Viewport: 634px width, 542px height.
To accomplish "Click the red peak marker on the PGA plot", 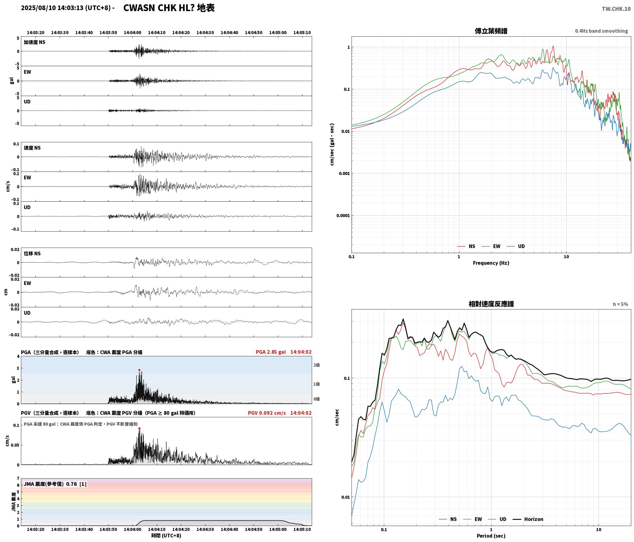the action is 139,370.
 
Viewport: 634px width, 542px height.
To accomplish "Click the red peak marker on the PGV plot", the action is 139,429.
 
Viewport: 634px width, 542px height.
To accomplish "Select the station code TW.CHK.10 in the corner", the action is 616,9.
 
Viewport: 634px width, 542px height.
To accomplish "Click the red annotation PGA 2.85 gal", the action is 270,352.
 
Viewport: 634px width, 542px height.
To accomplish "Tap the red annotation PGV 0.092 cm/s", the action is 267,413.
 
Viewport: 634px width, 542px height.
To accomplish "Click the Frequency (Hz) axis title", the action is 491,263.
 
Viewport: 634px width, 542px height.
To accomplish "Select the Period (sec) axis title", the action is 491,536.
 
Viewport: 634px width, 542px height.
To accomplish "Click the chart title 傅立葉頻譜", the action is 491,31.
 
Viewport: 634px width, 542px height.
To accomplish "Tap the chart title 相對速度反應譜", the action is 491,304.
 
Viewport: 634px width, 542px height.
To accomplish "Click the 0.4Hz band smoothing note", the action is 601,31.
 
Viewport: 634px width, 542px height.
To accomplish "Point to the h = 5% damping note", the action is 620,304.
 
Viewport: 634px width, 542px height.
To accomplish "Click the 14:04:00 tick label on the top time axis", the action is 132,33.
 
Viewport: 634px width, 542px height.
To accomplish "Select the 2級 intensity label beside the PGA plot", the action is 317,365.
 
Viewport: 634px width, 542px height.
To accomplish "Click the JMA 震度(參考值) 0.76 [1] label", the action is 55,484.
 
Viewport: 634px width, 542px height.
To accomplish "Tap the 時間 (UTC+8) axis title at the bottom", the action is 166,536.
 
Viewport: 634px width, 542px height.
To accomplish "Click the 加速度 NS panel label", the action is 35,42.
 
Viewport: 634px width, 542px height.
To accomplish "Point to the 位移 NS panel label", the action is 32,253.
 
